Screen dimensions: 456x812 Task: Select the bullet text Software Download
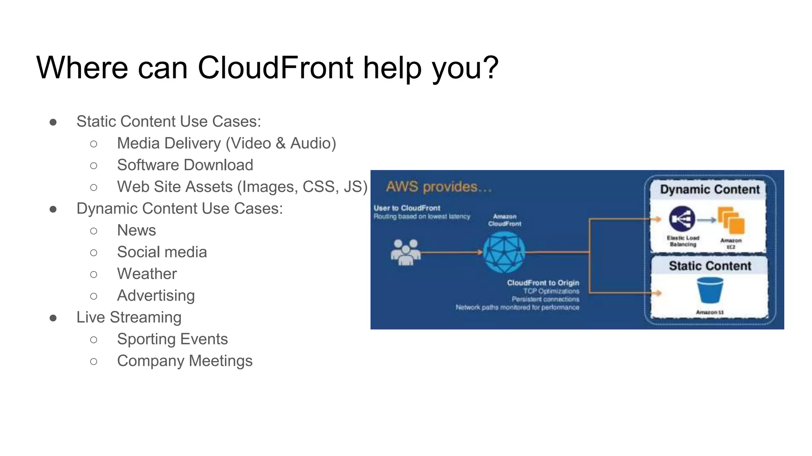pyautogui.click(x=185, y=165)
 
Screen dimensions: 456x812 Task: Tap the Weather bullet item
pyautogui.click(x=147, y=274)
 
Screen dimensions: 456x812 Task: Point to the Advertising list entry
pyautogui.click(x=156, y=296)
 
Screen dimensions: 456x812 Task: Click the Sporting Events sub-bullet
pyautogui.click(x=172, y=339)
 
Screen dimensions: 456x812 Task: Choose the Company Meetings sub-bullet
pyautogui.click(x=184, y=361)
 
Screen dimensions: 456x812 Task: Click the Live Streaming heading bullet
pyautogui.click(x=129, y=317)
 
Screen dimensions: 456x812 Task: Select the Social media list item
pyautogui.click(x=162, y=252)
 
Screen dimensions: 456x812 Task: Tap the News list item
pyautogui.click(x=136, y=230)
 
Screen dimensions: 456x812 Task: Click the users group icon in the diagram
pyautogui.click(x=405, y=252)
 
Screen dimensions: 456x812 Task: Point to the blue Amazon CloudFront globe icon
pyautogui.click(x=504, y=252)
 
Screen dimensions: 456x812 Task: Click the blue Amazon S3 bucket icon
pyautogui.click(x=710, y=290)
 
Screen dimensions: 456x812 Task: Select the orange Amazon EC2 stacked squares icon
pyautogui.click(x=731, y=221)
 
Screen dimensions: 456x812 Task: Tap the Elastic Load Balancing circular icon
pyautogui.click(x=682, y=218)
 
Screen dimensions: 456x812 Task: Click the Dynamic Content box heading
pyautogui.click(x=710, y=190)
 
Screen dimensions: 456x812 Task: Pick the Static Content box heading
pyautogui.click(x=710, y=266)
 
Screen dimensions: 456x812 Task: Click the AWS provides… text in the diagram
pyautogui.click(x=439, y=187)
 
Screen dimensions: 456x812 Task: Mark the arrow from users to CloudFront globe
pyautogui.click(x=452, y=252)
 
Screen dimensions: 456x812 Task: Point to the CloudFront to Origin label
pyautogui.click(x=543, y=283)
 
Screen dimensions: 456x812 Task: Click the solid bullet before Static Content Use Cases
pyautogui.click(x=53, y=122)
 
